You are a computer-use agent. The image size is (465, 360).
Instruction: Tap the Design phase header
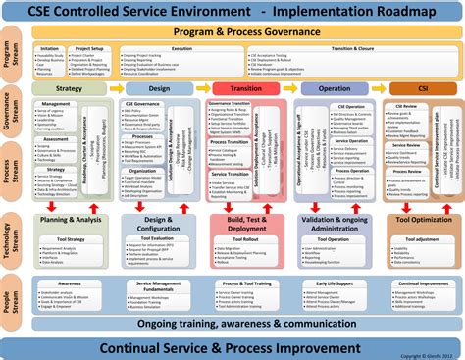click(159, 89)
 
